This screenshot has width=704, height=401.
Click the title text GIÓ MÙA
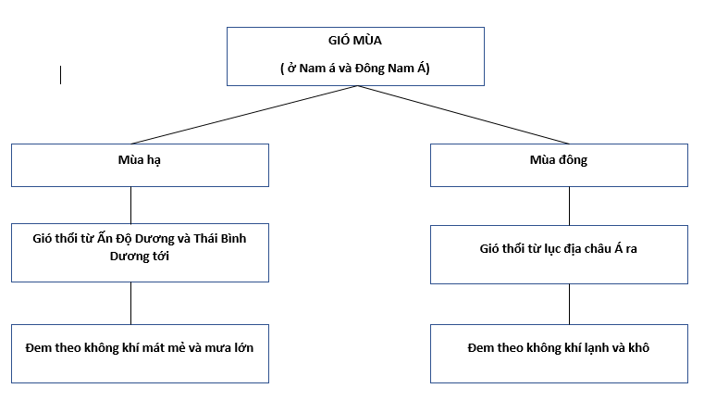click(x=354, y=40)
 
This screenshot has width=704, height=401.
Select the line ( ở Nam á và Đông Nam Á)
click(x=355, y=69)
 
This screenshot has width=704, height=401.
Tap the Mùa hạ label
click(x=139, y=160)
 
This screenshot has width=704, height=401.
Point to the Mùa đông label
click(x=559, y=159)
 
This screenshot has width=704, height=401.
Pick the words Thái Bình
click(x=220, y=238)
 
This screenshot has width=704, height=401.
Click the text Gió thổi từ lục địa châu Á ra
click(x=558, y=248)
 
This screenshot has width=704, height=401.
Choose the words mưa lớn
click(x=229, y=347)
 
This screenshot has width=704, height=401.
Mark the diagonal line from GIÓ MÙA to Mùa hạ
click(x=245, y=115)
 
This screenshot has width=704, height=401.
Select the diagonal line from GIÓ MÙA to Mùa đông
click(x=463, y=115)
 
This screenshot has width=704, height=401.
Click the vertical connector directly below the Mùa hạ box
click(x=130, y=205)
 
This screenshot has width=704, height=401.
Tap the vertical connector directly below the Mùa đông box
click(x=569, y=206)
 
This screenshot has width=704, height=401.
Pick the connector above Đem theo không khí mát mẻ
click(x=130, y=304)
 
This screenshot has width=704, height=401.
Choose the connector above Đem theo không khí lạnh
click(x=569, y=305)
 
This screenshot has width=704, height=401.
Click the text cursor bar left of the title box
click(x=60, y=75)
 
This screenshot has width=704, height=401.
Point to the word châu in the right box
click(x=599, y=248)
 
